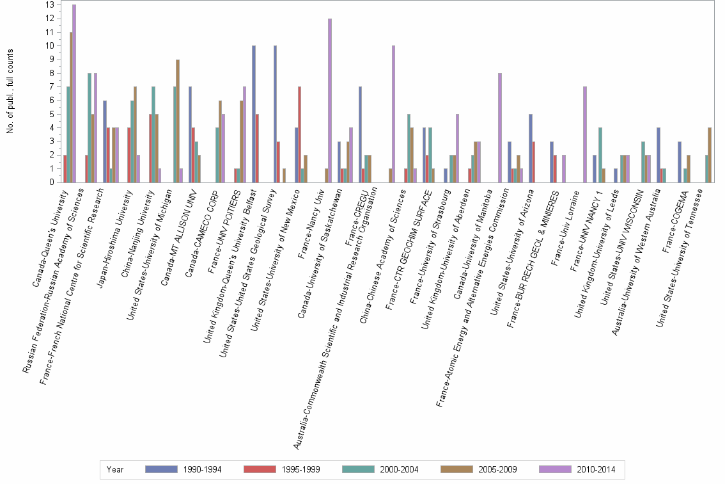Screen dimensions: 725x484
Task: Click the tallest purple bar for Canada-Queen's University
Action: point(74,93)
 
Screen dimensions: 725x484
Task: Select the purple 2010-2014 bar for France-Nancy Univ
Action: point(330,101)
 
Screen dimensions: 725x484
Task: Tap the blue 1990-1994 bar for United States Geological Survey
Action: point(275,114)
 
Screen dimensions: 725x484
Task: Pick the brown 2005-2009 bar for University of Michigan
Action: point(178,121)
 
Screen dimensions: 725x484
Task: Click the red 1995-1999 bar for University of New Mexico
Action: point(300,134)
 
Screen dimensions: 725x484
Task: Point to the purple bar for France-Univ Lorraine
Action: point(585,134)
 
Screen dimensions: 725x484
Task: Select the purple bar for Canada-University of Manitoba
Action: point(500,128)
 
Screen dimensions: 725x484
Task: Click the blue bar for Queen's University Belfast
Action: point(254,114)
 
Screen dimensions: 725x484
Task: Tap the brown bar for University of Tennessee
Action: point(710,155)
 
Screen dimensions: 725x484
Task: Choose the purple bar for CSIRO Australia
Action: point(393,114)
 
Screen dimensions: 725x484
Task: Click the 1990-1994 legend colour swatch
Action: point(161,469)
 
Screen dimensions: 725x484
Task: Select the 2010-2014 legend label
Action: point(596,470)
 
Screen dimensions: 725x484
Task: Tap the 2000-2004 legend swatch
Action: point(358,469)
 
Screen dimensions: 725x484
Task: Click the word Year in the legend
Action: point(114,470)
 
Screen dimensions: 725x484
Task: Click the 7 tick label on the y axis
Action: point(52,86)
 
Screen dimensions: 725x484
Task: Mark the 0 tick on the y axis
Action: point(52,182)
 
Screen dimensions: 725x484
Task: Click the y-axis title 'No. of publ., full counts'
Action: point(10,92)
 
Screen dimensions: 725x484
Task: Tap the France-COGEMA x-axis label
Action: point(676,222)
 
